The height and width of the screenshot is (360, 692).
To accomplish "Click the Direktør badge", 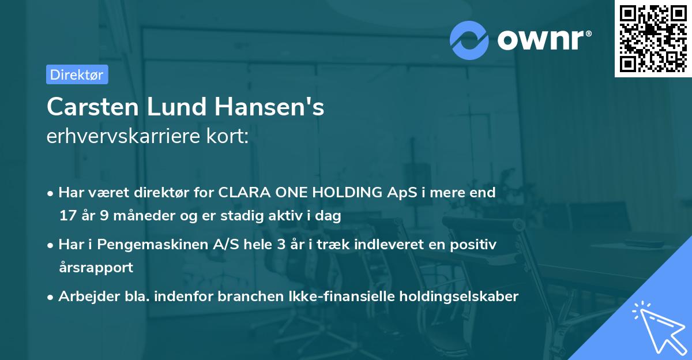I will coord(77,74).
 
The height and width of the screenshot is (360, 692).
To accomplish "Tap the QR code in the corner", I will coord(653,38).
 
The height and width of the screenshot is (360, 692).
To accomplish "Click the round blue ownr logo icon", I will coord(469,39).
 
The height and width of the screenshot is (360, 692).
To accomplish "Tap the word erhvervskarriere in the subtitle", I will coord(119,137).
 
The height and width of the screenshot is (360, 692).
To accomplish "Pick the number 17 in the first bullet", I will coord(67,216).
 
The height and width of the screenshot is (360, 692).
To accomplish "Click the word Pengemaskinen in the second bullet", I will coord(139,245).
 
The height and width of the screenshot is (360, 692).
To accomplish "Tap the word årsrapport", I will coord(96,268).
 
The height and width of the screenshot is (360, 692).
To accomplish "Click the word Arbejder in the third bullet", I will coord(82,297).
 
